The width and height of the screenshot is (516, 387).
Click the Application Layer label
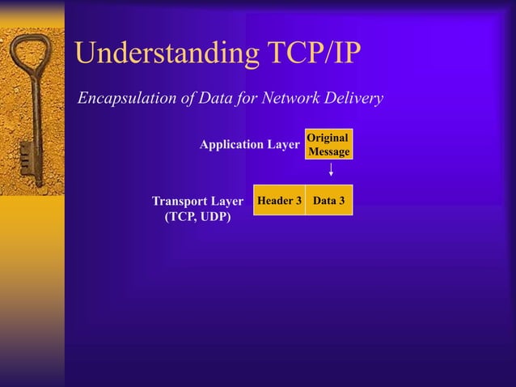[x=250, y=145]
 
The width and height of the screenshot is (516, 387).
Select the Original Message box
[x=329, y=145]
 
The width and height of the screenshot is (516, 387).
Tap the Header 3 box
[x=279, y=200]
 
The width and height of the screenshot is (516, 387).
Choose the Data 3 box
[x=329, y=200]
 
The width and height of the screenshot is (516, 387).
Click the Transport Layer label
[x=197, y=201]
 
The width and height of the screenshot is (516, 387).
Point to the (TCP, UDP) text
[x=197, y=217]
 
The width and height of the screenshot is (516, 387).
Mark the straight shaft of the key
[x=36, y=121]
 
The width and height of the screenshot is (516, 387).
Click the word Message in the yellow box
[x=329, y=151]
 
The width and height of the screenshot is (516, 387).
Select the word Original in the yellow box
[x=328, y=138]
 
